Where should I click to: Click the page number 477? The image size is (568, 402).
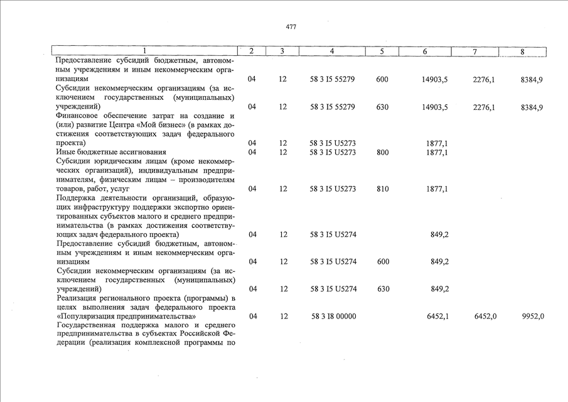291,27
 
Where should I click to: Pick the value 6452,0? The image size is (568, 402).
485,317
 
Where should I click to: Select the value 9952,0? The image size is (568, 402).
533,317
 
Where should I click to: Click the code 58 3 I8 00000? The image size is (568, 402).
333,317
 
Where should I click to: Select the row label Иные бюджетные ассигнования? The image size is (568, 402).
111,152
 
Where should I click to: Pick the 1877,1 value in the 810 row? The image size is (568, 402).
437,188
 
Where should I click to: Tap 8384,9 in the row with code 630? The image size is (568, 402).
532,107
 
